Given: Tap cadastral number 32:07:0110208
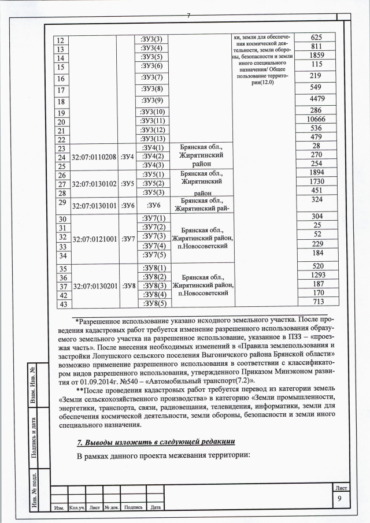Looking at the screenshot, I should coord(93,157).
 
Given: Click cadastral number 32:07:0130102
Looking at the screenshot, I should coord(93,184).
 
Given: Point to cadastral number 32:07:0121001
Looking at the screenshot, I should coord(93,238).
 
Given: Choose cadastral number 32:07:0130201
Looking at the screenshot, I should coord(93,286).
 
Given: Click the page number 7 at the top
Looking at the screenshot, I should coord(188,15).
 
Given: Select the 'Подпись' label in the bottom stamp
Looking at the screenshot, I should coord(134,507).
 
